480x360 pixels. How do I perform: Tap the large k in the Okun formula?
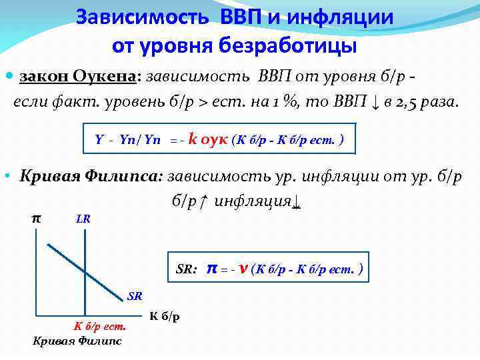[193, 139]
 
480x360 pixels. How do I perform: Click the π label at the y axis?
[36, 217]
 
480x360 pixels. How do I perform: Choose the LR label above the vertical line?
[83, 218]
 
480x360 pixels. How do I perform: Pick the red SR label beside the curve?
[135, 295]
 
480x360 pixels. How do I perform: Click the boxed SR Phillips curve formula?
[269, 269]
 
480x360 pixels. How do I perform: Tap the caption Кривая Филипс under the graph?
[77, 341]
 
